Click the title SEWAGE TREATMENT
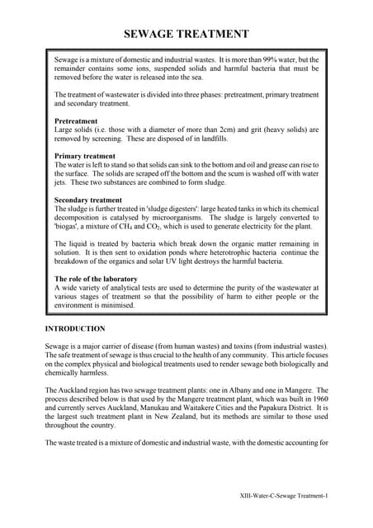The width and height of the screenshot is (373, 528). [186, 34]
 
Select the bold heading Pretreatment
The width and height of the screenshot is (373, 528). [76, 121]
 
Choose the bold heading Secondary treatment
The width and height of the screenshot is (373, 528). [88, 200]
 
